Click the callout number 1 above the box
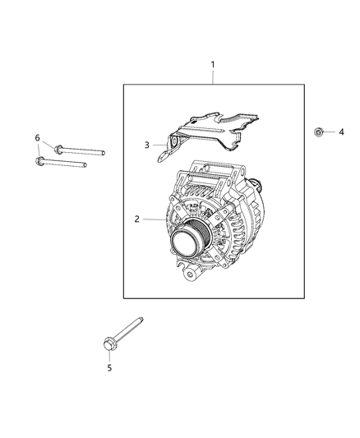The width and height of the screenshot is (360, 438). coord(213,64)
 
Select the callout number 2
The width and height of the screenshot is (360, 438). coord(138,219)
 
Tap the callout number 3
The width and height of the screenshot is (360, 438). coord(148,145)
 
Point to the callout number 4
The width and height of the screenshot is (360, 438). coord(341,131)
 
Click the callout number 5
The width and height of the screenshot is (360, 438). coord(108,368)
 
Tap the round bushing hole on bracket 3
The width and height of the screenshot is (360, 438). coord(173,147)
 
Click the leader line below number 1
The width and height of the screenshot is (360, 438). coord(213,76)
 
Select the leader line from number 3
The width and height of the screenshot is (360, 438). coord(159,145)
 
